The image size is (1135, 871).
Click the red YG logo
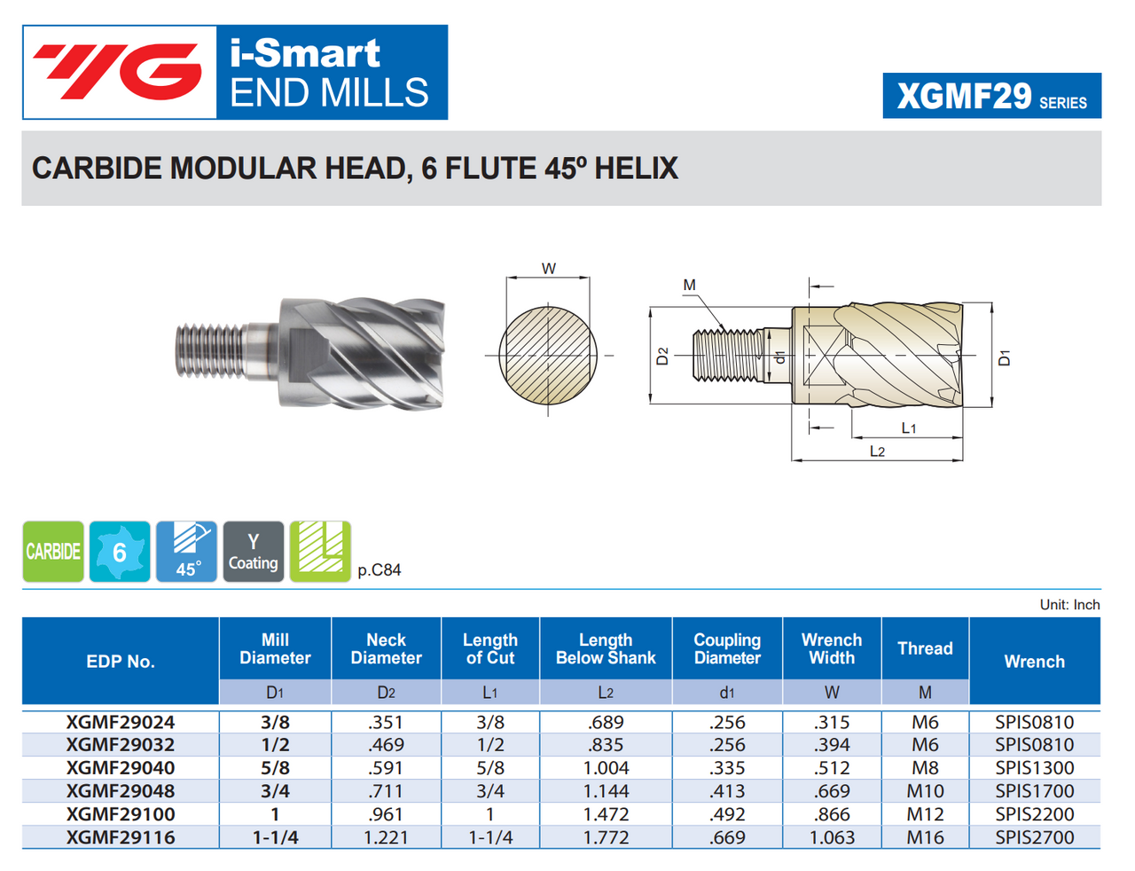[x=119, y=72]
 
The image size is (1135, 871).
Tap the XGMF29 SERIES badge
[x=991, y=96]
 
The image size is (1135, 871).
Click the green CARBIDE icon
[x=53, y=552]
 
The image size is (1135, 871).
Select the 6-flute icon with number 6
[x=120, y=552]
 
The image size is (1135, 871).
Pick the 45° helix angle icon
[x=186, y=552]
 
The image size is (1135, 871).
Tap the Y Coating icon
[x=254, y=552]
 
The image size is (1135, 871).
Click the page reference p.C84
[x=380, y=570]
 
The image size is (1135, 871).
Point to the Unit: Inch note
[x=1069, y=605]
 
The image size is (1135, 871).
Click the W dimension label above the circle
[x=549, y=269]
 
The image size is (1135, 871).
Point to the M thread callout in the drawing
[x=690, y=286]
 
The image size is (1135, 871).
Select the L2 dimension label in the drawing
[x=877, y=451]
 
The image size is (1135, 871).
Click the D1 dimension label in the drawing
[x=1004, y=358]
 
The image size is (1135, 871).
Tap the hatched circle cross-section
[x=548, y=355]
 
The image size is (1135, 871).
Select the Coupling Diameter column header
[x=727, y=649]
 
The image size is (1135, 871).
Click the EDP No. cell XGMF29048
[x=121, y=791]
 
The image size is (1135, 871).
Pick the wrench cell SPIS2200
[x=1034, y=814]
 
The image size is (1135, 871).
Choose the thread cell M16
[x=925, y=837]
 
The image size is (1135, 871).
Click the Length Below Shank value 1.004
[x=606, y=768]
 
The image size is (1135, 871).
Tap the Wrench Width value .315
[x=832, y=723]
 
